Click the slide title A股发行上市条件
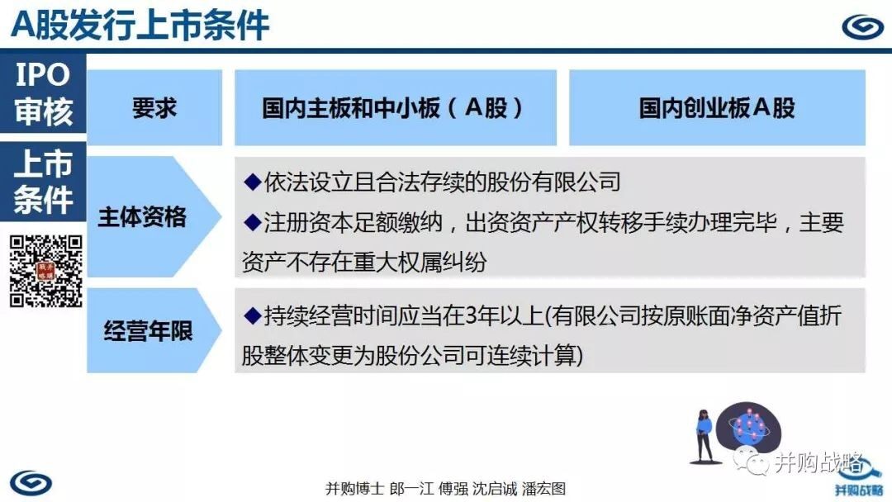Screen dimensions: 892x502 (140, 25)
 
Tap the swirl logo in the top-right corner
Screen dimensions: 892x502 (862, 26)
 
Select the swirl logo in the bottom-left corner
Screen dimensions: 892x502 (31, 483)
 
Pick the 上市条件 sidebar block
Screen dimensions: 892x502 (43, 182)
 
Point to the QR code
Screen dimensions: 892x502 (46, 271)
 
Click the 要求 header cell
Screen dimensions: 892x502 (154, 107)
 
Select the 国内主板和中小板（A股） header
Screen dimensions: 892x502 (396, 107)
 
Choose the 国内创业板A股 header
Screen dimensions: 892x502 (718, 107)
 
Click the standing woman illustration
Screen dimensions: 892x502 (705, 436)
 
